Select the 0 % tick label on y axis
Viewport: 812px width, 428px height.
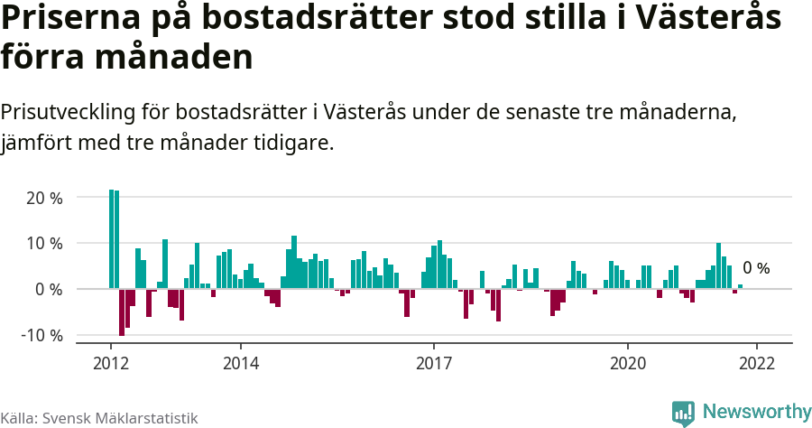pyautogui.click(x=49, y=290)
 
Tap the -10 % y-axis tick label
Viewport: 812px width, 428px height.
pyautogui.click(x=42, y=336)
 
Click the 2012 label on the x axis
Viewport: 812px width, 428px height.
pyautogui.click(x=111, y=363)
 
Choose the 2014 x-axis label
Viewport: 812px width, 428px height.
pyautogui.click(x=240, y=363)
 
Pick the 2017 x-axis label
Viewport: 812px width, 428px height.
pyautogui.click(x=434, y=363)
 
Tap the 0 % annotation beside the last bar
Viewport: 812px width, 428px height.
pyautogui.click(x=756, y=268)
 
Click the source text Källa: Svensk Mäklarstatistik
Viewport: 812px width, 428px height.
pyautogui.click(x=99, y=418)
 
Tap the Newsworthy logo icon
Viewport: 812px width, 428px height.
pyautogui.click(x=683, y=413)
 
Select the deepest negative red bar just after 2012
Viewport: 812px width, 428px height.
pyautogui.click(x=122, y=312)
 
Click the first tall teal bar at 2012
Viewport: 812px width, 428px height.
pyautogui.click(x=111, y=239)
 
